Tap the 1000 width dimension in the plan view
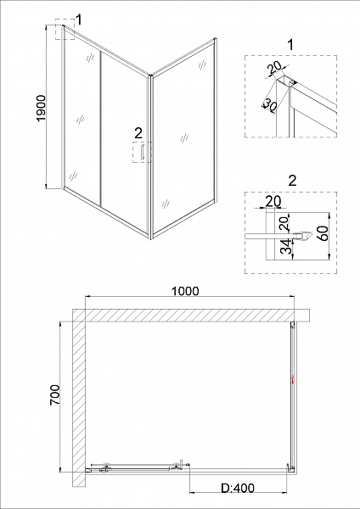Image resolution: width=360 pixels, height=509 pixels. point(183,290)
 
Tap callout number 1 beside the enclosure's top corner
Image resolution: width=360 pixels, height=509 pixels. point(78,19)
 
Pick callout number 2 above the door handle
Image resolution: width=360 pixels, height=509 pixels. point(138,133)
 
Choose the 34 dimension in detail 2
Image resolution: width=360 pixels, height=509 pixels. point(284,247)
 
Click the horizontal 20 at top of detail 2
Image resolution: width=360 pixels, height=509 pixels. point(272,201)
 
